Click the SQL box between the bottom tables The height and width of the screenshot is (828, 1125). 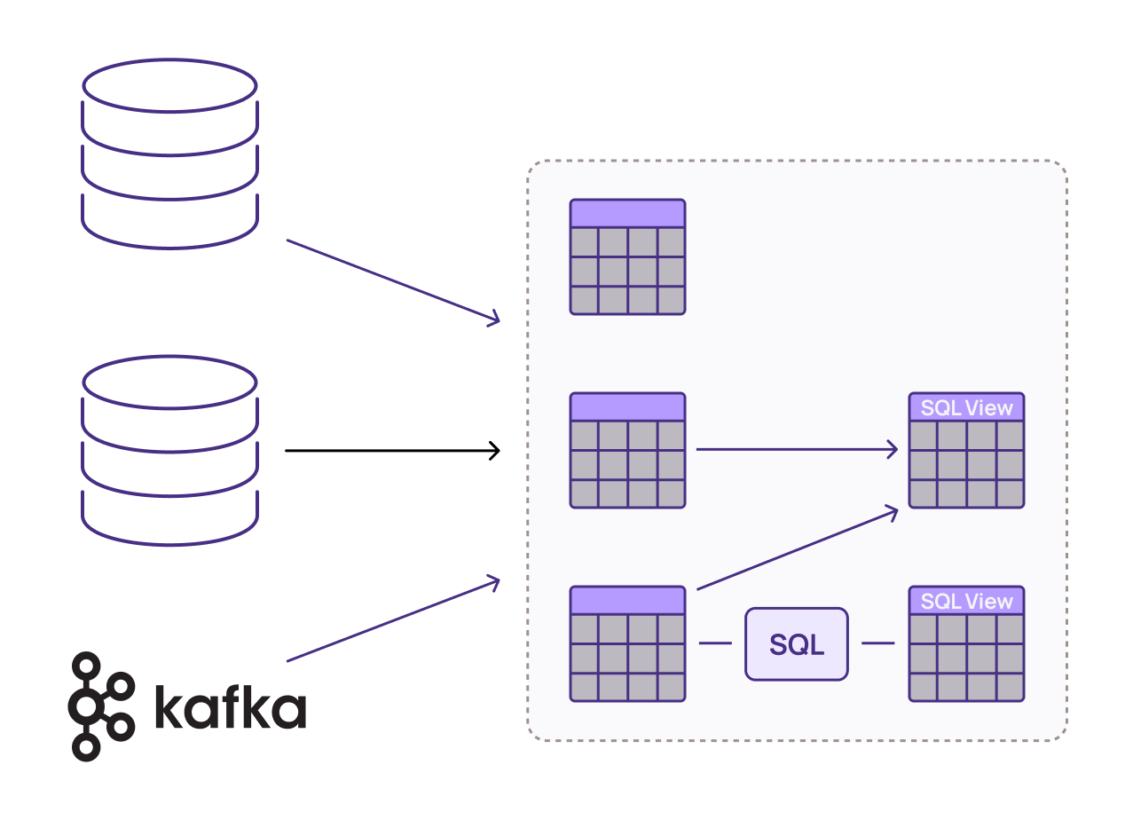pos(796,644)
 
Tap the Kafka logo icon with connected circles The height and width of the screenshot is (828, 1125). pos(101,706)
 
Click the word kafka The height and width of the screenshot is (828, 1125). pos(231,707)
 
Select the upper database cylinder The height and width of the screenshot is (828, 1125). pos(169,153)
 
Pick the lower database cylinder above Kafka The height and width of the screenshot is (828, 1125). pos(169,451)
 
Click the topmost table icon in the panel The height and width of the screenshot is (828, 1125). pos(627,256)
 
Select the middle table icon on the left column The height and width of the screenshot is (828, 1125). pos(627,450)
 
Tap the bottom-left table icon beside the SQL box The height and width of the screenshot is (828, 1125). pos(627,643)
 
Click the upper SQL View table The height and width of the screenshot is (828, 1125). pos(966,450)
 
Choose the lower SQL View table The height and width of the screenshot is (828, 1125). pos(966,643)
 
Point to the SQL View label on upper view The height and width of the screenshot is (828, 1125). pos(966,408)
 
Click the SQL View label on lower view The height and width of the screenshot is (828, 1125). pos(966,602)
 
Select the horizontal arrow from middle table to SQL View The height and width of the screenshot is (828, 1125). pos(796,450)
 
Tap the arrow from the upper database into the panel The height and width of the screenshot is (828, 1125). pos(393,280)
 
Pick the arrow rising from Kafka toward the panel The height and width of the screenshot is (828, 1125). pos(393,620)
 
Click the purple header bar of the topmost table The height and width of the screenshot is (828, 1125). pos(627,214)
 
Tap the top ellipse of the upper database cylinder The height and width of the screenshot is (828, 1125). pos(169,85)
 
